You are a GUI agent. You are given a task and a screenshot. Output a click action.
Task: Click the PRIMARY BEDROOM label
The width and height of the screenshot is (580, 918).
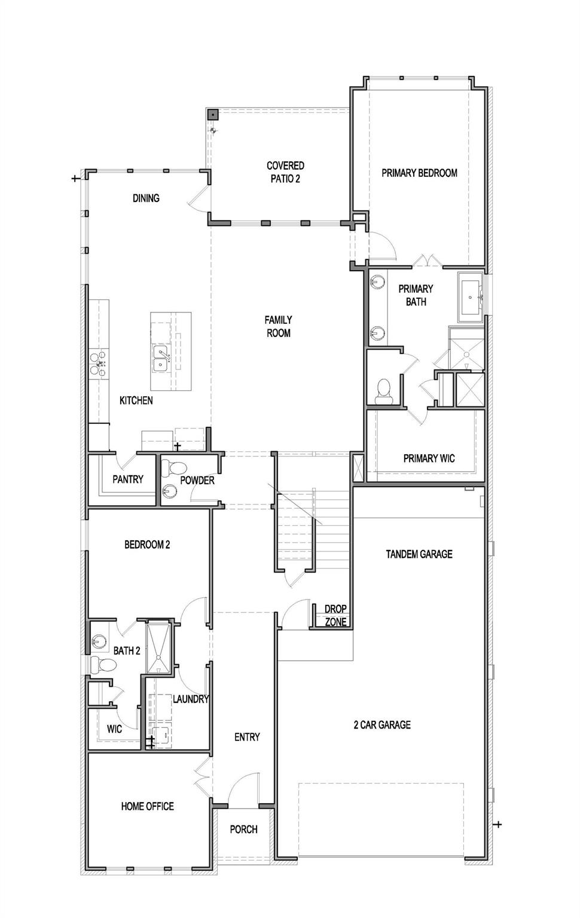[419, 173]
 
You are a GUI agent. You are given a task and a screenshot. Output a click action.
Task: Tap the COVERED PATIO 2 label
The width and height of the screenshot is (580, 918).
[285, 172]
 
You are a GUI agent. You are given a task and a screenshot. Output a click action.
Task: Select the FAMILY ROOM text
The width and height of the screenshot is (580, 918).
[278, 326]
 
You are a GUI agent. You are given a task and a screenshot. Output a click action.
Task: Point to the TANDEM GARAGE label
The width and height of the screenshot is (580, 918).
[419, 554]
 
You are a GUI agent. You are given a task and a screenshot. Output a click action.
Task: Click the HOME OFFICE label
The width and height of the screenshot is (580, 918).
[147, 806]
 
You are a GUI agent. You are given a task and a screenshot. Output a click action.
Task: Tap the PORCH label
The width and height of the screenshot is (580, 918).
[243, 829]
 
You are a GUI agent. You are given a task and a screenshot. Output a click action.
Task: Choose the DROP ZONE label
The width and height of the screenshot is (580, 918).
[335, 615]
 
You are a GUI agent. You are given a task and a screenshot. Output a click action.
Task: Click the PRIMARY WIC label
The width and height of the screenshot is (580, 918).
[429, 458]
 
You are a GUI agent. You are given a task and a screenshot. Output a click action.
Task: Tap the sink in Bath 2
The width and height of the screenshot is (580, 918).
[99, 639]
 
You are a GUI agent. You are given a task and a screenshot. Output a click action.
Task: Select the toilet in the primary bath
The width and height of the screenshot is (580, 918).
[384, 390]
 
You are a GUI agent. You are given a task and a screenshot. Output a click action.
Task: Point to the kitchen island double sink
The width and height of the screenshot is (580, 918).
[161, 359]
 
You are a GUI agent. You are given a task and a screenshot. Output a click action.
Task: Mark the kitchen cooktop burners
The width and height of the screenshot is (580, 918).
[99, 362]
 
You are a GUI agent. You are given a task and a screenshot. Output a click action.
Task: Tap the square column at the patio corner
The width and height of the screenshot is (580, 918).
[212, 115]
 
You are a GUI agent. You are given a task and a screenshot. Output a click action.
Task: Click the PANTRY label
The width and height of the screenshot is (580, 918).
[128, 479]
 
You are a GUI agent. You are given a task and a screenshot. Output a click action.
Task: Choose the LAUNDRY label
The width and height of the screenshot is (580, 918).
[191, 699]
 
